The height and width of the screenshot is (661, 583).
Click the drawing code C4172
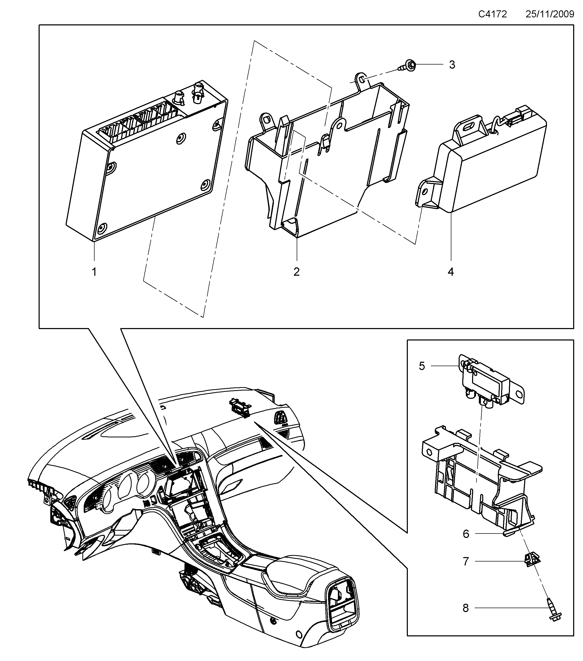click(x=493, y=14)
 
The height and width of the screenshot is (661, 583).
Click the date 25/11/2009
click(x=549, y=14)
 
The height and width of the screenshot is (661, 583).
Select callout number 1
click(x=94, y=272)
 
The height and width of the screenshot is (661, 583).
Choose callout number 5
click(x=422, y=366)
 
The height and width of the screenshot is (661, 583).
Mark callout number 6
click(x=466, y=534)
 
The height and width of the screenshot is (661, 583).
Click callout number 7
click(x=466, y=562)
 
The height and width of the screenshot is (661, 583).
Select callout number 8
click(x=465, y=608)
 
